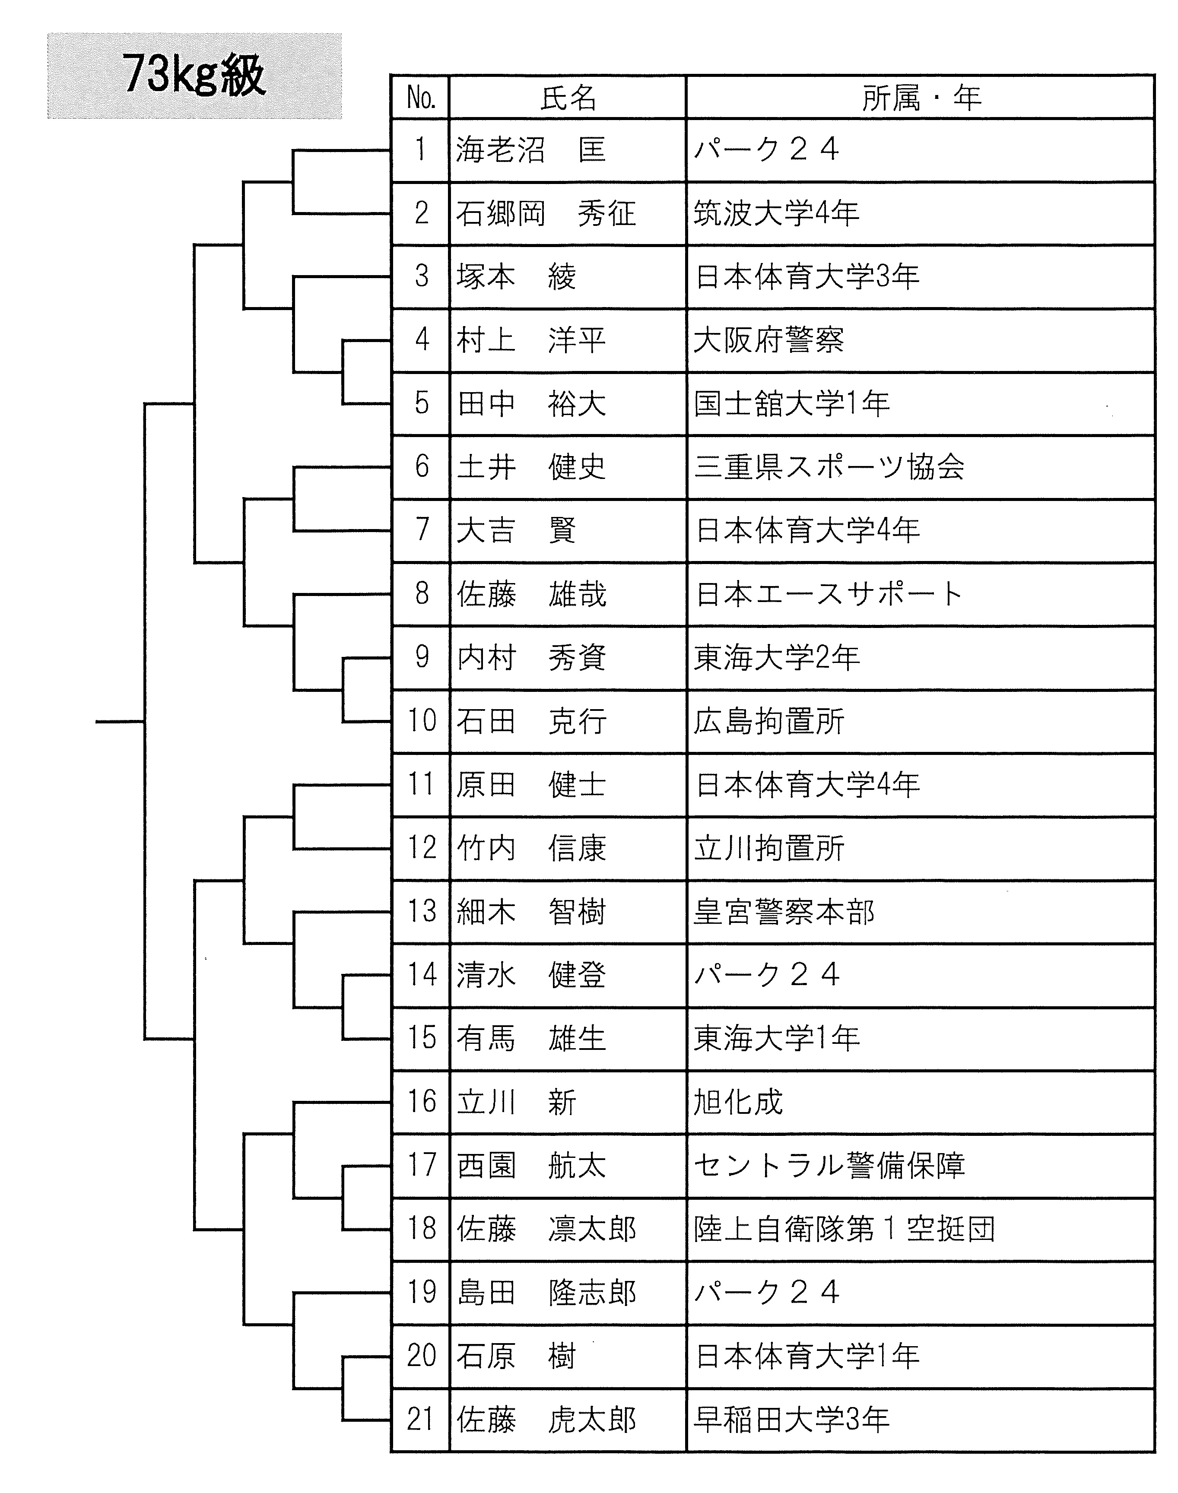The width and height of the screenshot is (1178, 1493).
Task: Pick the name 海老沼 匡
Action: (x=530, y=149)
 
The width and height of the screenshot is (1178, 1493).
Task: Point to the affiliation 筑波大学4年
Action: (x=776, y=213)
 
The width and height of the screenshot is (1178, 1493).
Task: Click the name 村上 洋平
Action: (x=530, y=340)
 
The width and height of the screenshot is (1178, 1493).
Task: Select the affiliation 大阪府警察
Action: (x=768, y=340)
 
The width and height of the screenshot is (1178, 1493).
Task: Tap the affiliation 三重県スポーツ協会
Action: (x=829, y=467)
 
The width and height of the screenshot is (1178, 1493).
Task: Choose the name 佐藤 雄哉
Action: (x=531, y=594)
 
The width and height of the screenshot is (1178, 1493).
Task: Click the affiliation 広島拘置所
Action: (x=768, y=721)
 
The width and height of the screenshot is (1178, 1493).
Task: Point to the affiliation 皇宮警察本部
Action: (x=784, y=912)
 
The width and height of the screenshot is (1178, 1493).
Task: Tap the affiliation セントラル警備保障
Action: (x=829, y=1166)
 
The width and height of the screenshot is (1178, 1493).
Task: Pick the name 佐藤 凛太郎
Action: (x=546, y=1229)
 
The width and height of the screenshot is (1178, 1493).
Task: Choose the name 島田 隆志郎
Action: (x=546, y=1292)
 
